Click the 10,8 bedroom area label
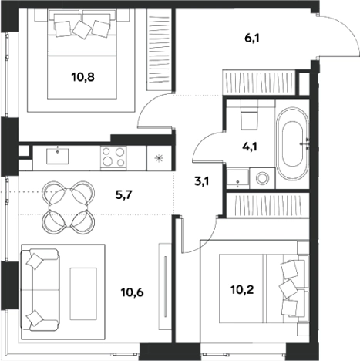(83, 77)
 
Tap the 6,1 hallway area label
(252, 39)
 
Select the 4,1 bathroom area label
(249, 147)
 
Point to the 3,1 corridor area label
(202, 182)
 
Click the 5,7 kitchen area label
(123, 195)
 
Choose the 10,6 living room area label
(133, 292)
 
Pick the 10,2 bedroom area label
(242, 290)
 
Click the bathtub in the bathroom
(292, 144)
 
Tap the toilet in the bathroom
(249, 115)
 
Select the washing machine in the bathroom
(262, 178)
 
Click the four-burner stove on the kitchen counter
(113, 158)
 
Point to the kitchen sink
(58, 156)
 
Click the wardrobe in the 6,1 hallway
(259, 83)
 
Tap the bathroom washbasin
(237, 178)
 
